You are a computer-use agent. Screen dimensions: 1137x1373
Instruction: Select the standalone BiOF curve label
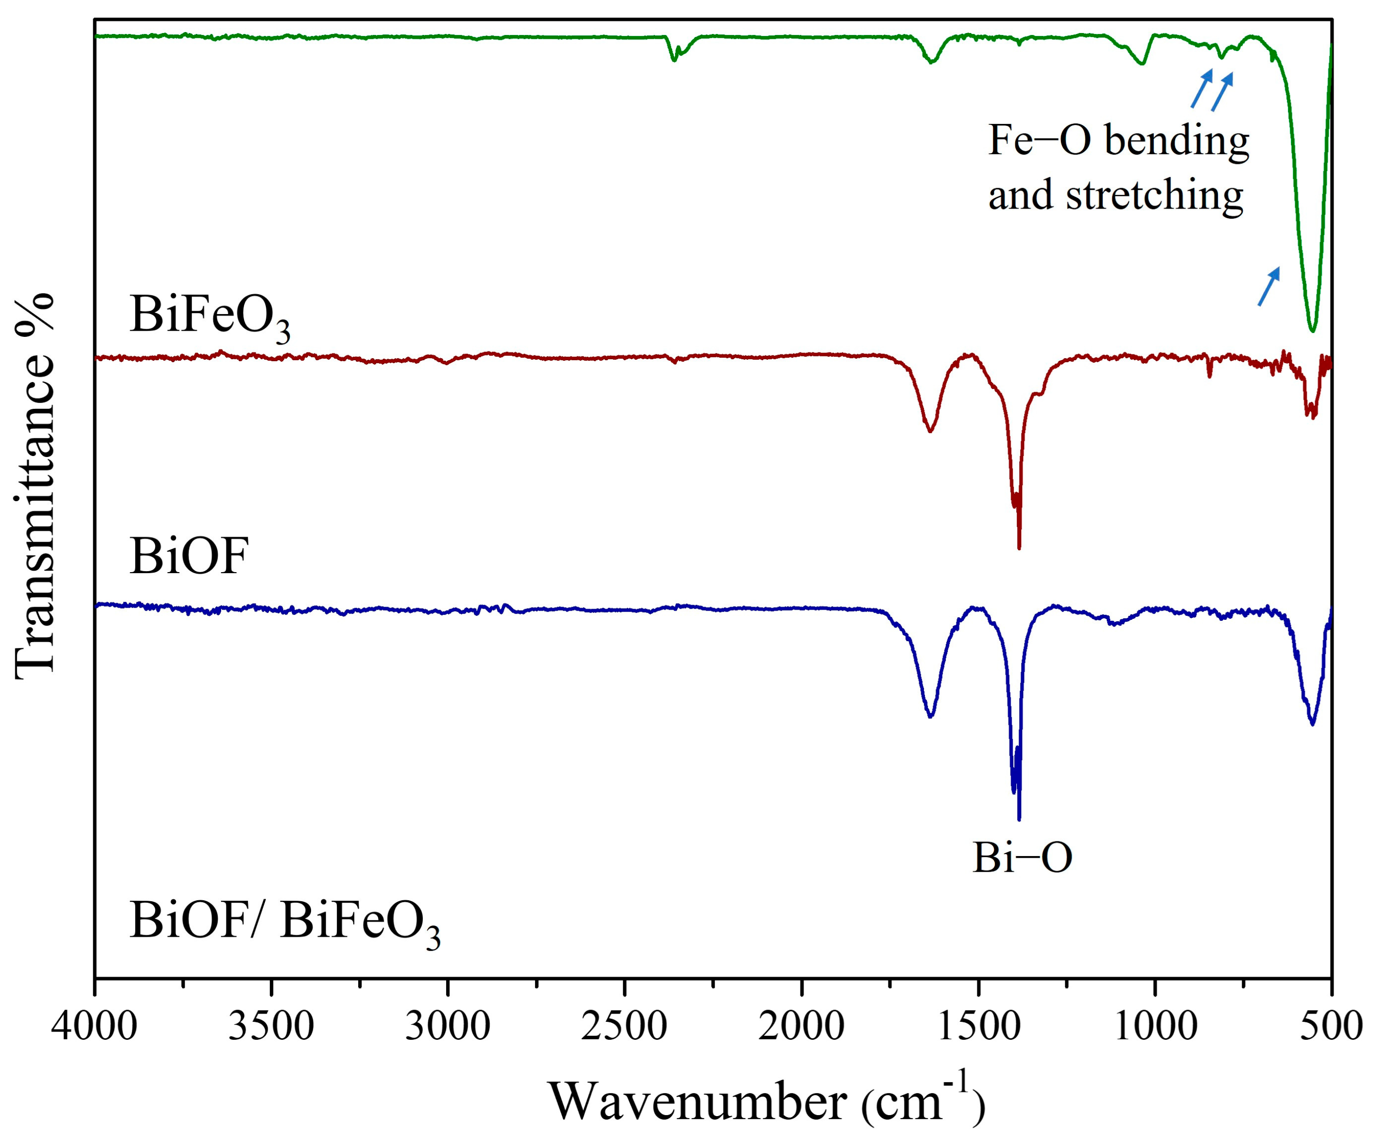pyautogui.click(x=189, y=557)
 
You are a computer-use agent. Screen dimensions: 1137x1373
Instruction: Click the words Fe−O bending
pyautogui.click(x=1118, y=140)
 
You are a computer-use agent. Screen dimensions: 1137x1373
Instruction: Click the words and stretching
pyautogui.click(x=1115, y=195)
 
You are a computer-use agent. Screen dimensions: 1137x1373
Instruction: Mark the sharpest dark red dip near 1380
pyautogui.click(x=1019, y=547)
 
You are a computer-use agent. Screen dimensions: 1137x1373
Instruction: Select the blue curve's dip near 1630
pyautogui.click(x=930, y=716)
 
